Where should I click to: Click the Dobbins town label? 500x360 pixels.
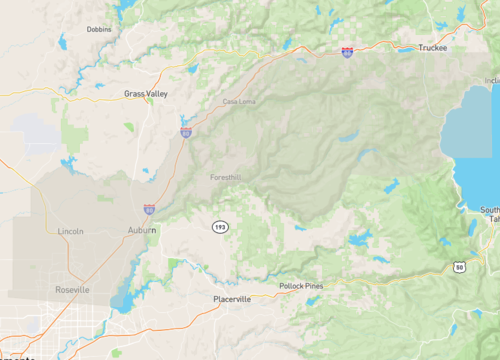click(x=99, y=29)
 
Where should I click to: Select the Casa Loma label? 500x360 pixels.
click(x=239, y=102)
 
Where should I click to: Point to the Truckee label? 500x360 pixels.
click(x=433, y=47)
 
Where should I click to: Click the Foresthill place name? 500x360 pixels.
click(x=226, y=177)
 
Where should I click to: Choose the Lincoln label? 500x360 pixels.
click(x=71, y=231)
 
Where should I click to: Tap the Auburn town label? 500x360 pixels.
click(x=141, y=230)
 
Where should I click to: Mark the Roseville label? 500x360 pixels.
click(x=72, y=289)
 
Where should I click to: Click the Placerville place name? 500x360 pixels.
click(x=232, y=299)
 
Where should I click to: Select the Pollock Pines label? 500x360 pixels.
click(x=301, y=286)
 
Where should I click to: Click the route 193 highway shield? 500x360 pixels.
click(x=219, y=227)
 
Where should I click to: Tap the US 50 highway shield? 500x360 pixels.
click(x=459, y=267)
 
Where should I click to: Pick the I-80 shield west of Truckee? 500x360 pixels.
click(x=346, y=51)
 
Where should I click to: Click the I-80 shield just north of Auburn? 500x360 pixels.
click(x=149, y=210)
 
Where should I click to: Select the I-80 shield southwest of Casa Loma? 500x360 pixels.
click(x=186, y=131)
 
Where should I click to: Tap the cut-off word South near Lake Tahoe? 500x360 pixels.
click(x=490, y=210)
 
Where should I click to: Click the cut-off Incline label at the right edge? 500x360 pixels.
click(x=491, y=80)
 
